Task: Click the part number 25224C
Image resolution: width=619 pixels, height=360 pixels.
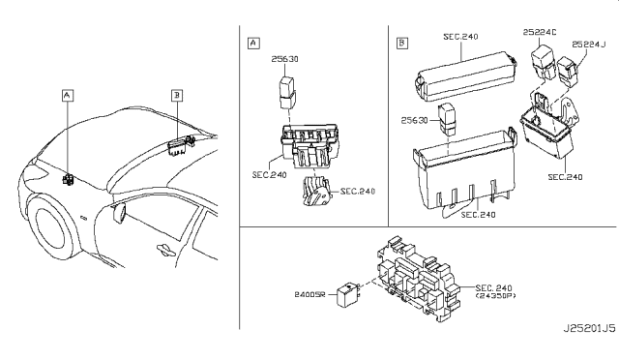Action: click(540, 32)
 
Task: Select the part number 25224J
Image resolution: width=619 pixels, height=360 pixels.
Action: click(588, 45)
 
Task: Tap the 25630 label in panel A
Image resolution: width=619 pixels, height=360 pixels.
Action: click(284, 59)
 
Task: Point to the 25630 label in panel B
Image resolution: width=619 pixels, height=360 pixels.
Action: click(415, 120)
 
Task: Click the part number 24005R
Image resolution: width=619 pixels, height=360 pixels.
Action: click(309, 294)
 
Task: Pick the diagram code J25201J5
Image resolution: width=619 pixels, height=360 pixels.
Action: click(589, 328)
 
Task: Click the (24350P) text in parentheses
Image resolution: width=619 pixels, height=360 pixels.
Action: click(496, 295)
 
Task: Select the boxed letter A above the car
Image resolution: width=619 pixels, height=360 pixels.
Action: click(68, 95)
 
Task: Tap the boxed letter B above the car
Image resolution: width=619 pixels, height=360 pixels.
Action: click(177, 95)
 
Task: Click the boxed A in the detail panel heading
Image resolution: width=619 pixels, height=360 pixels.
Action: click(253, 43)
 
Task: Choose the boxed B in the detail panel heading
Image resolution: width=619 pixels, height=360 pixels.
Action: click(402, 43)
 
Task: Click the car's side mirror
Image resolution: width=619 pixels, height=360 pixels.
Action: click(120, 212)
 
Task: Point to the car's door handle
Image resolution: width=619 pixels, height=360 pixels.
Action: click(166, 249)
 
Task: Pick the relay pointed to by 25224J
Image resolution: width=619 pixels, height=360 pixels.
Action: click(568, 72)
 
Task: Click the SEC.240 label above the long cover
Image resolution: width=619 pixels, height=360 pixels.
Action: click(460, 37)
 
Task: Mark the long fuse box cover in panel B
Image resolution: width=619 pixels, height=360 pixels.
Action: click(466, 76)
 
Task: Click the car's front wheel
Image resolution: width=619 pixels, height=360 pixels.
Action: click(50, 229)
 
